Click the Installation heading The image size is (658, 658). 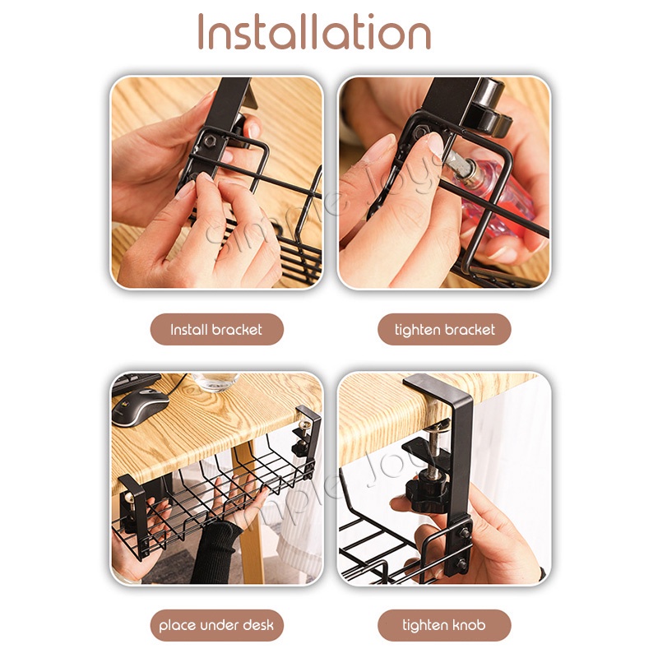click(x=314, y=31)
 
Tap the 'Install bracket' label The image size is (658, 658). click(x=216, y=330)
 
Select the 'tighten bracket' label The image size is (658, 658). click(x=444, y=330)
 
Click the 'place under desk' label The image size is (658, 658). click(x=216, y=625)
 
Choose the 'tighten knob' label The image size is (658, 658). click(x=444, y=625)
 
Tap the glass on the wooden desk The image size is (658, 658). click(x=215, y=382)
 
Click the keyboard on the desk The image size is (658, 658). click(x=135, y=382)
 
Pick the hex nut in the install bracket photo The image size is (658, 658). click(x=210, y=141)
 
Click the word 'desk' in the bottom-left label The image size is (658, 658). click(x=258, y=625)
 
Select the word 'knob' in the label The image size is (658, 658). click(x=468, y=625)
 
